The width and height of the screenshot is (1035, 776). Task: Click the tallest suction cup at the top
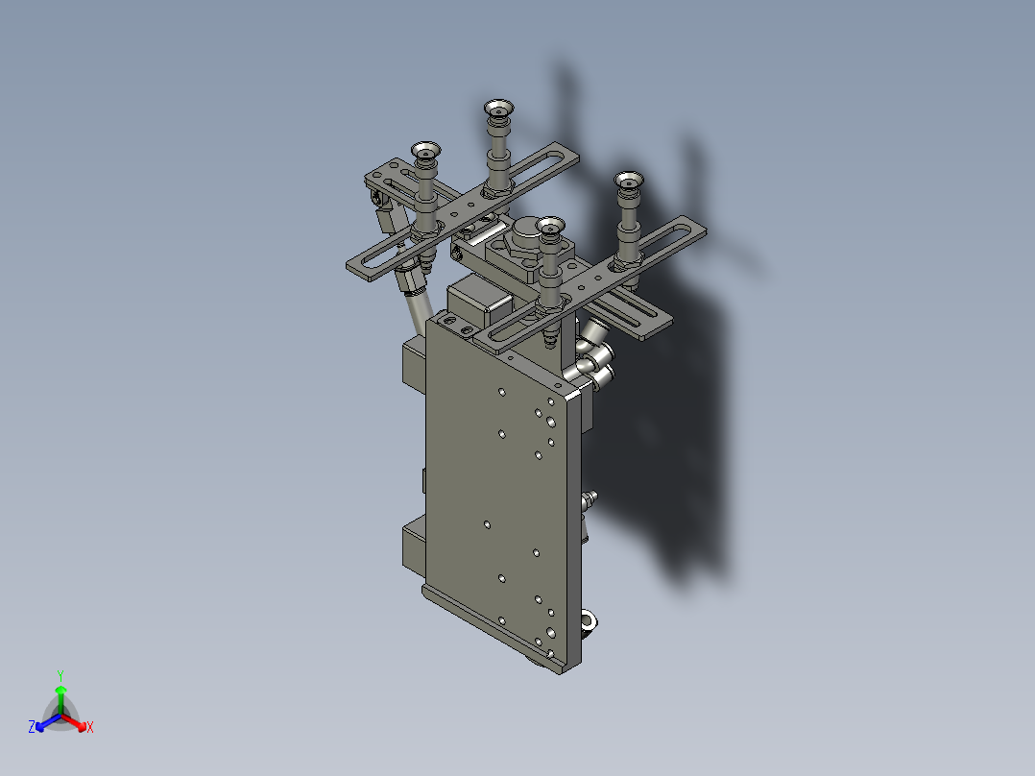tap(498, 110)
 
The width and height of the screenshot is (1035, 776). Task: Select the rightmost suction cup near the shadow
tap(629, 182)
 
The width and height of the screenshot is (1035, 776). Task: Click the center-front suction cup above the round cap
tap(550, 227)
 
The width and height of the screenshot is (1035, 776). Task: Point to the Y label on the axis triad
tap(60, 675)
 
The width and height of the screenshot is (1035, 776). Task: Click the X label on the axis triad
tap(90, 728)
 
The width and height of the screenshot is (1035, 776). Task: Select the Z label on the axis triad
tap(32, 728)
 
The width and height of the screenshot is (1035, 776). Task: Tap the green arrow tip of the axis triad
tap(60, 690)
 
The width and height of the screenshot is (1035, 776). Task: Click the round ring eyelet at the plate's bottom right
tap(589, 621)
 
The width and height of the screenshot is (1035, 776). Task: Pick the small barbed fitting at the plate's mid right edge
tap(589, 498)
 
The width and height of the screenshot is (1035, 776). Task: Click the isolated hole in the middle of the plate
tap(488, 524)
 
